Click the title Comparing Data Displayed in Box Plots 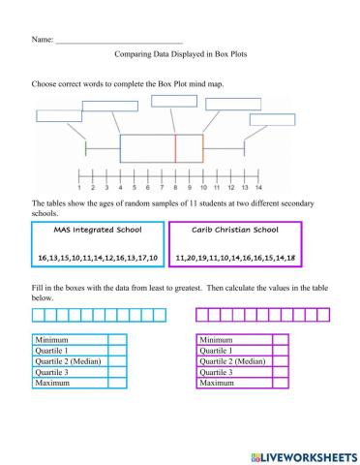[x=180, y=54]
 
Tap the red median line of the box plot [x=175, y=148]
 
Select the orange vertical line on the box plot [x=203, y=148]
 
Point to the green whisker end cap [x=86, y=148]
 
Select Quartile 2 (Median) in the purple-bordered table [x=231, y=361]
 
